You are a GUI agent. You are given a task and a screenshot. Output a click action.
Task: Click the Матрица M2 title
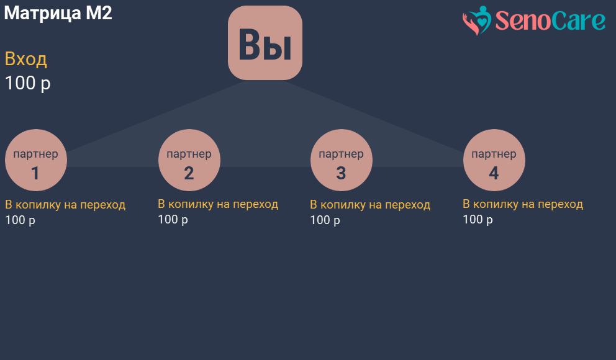[58, 13]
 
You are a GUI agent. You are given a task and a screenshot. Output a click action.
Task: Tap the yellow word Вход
[26, 60]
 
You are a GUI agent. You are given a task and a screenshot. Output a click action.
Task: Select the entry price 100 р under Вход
[27, 83]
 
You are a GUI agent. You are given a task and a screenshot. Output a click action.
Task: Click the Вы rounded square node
[265, 43]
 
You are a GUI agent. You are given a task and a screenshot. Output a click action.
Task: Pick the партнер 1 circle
[36, 160]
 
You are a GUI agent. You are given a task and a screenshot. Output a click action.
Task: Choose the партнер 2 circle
[189, 160]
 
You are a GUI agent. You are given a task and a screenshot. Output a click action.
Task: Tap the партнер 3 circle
[341, 160]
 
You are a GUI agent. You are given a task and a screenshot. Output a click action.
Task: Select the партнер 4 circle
[494, 160]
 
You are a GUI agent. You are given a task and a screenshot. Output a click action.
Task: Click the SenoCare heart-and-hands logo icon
[477, 20]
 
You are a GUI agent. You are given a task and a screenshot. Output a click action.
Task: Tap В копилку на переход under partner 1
[65, 205]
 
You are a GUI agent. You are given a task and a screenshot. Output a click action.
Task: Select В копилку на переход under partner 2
[218, 204]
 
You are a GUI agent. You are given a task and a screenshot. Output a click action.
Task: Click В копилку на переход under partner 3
[370, 205]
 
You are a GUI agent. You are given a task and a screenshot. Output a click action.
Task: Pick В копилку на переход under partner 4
[523, 204]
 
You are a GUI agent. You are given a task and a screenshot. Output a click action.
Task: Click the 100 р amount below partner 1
[20, 220]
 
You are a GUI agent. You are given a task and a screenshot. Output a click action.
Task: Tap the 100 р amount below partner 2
[173, 220]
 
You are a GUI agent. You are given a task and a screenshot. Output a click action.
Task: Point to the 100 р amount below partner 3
[325, 220]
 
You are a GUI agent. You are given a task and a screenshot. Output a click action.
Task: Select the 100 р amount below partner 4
[478, 220]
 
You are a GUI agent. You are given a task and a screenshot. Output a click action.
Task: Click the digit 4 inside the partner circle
[494, 173]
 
